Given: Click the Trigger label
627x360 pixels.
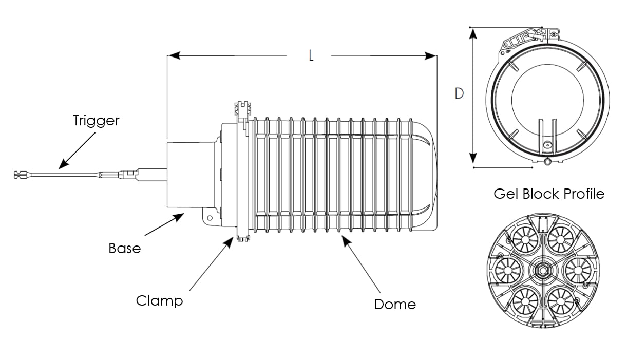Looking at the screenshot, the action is click(96, 121).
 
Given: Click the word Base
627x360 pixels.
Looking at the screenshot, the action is click(125, 249).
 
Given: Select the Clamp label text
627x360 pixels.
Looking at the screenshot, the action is click(159, 301).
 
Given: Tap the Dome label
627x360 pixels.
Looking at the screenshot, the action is click(395, 305).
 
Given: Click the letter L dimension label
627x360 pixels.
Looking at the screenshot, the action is click(311, 55).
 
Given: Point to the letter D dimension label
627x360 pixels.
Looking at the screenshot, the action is click(459, 93).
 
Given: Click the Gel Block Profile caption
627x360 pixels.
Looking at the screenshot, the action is click(549, 194).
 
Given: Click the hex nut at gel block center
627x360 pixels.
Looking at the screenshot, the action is click(543, 271).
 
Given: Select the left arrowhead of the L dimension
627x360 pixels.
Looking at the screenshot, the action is click(174, 55).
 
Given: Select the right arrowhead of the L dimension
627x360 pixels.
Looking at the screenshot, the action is click(430, 55).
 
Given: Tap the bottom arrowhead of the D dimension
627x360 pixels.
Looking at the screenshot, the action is click(473, 158).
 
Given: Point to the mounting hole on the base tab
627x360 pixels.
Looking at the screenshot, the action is click(210, 218).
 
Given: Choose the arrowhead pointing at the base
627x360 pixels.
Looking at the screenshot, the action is click(178, 217).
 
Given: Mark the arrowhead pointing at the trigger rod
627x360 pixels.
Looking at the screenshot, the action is click(64, 164).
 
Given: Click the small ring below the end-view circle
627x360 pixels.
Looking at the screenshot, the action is click(547, 162).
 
